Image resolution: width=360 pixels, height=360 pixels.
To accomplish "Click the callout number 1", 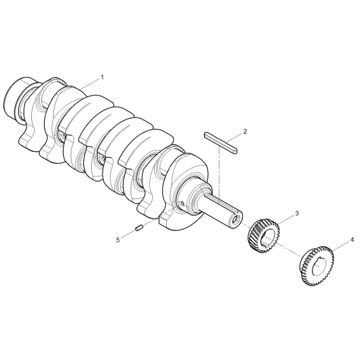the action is click(x=102, y=77).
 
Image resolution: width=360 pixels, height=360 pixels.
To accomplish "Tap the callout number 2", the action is click(x=245, y=131).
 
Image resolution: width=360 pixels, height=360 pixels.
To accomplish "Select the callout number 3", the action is click(x=297, y=213).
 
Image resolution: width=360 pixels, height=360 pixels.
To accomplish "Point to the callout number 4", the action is click(x=352, y=240).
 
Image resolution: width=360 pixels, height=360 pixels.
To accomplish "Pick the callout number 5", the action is click(x=118, y=240).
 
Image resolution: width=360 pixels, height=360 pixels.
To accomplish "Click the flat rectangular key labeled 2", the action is click(x=221, y=143).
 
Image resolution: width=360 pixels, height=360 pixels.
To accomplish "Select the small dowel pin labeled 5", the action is click(x=139, y=228).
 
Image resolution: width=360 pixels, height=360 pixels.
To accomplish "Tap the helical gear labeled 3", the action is click(x=264, y=235).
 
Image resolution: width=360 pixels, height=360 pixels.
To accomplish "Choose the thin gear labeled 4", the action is click(x=317, y=266).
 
